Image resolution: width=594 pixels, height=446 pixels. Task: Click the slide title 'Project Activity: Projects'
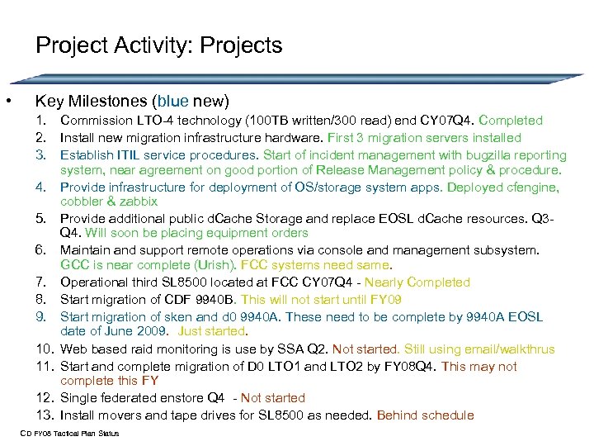tap(158, 45)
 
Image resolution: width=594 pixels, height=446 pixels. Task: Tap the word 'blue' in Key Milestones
tap(172, 102)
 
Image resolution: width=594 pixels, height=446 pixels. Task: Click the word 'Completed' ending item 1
tap(511, 121)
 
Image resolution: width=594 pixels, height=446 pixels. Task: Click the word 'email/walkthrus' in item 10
tap(509, 349)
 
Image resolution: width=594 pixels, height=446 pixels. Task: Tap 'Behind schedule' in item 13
tap(425, 415)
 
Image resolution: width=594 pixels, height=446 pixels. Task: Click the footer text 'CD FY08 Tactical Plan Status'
tap(70, 434)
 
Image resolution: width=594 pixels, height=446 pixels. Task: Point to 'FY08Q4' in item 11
tap(413, 365)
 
